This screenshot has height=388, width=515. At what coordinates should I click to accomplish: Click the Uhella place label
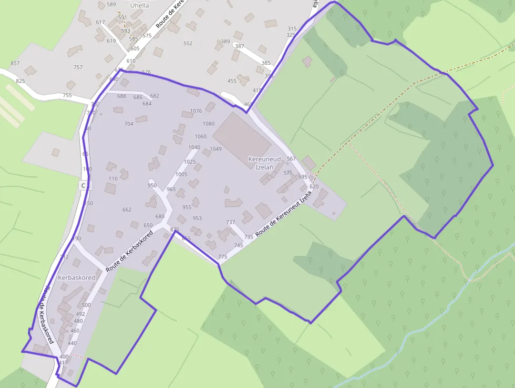(x=139, y=6)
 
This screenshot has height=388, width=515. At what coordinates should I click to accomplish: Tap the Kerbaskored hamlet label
(x=77, y=277)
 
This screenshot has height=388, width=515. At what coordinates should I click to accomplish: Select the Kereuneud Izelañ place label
(x=264, y=163)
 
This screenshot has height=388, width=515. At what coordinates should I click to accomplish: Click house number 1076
(x=196, y=111)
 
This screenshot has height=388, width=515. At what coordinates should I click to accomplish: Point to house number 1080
(x=209, y=124)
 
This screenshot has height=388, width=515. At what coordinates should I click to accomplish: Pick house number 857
(x=15, y=64)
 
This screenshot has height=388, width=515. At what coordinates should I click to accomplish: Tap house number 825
(x=20, y=81)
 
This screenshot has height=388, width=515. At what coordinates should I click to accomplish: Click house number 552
(x=188, y=44)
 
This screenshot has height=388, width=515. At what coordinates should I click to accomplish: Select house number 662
(x=127, y=210)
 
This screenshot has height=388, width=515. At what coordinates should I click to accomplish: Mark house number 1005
(x=181, y=174)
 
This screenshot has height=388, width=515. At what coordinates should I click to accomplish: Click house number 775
(x=222, y=257)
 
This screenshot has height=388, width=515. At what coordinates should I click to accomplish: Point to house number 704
(x=129, y=124)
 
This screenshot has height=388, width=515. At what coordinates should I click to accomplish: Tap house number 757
(x=78, y=67)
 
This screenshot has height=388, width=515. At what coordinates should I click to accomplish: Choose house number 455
(x=232, y=81)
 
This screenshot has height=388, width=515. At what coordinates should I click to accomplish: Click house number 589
(x=111, y=5)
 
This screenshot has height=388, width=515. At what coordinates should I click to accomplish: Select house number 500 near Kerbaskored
(x=87, y=305)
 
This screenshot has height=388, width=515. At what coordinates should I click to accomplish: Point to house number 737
(x=231, y=223)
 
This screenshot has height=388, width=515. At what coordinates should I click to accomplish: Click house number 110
(x=113, y=179)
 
